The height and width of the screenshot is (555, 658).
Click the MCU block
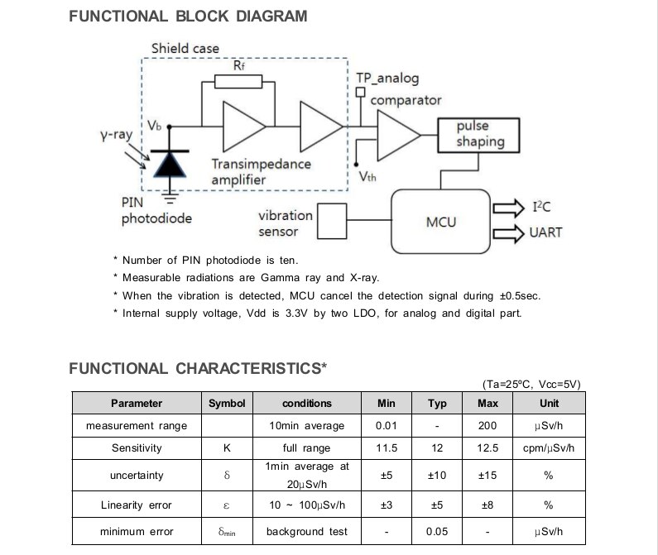point(440,221)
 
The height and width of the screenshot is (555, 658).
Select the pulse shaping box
point(478,135)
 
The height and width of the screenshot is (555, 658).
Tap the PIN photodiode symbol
point(170,164)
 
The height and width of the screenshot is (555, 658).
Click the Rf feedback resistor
point(238,81)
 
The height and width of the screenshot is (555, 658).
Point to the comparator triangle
point(399,135)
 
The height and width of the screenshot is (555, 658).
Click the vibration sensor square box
point(332,221)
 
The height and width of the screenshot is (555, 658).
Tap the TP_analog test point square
point(360,92)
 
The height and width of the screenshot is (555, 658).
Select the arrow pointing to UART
point(509,233)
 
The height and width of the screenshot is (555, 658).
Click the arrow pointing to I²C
point(509,208)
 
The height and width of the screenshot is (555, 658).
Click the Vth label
point(367,177)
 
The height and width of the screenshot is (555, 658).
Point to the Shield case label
point(185,48)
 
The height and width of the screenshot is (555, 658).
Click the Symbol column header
point(227,403)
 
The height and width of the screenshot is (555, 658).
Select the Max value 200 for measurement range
point(487,425)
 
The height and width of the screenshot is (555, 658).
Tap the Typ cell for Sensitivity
point(437,448)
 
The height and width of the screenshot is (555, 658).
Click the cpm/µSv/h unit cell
point(549,448)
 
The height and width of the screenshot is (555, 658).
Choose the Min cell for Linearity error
point(387,505)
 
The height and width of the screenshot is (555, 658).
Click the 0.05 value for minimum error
point(437,532)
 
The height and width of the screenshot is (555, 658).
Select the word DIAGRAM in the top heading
point(271,17)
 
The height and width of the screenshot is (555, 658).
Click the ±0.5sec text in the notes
point(520,296)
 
